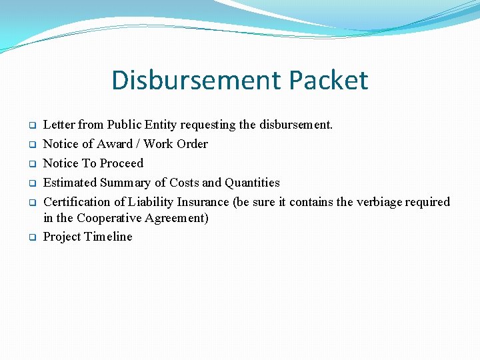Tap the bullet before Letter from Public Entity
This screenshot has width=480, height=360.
tap(31, 125)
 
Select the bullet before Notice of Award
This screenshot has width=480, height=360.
tap(31, 145)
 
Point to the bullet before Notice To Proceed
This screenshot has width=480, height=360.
tap(31, 164)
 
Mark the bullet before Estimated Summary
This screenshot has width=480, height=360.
tap(31, 183)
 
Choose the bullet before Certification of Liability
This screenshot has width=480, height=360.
tap(31, 203)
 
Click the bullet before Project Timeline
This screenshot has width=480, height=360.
tap(31, 237)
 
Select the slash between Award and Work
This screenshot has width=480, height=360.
tap(138, 144)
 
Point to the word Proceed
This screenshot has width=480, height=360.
tap(121, 163)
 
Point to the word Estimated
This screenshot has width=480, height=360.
tap(70, 183)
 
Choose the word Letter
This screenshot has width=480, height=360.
tap(59, 125)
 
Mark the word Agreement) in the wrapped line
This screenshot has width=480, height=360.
tap(182, 219)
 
